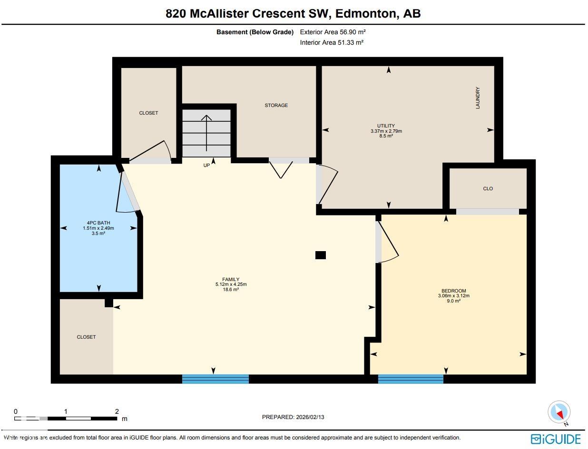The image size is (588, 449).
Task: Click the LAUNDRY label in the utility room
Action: tap(478, 98)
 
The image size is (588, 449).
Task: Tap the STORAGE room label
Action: tap(276, 105)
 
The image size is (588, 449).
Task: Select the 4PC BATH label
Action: tap(98, 223)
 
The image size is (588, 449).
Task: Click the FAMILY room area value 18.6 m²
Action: tap(231, 289)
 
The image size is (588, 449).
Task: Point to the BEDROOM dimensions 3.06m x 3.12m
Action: tap(453, 296)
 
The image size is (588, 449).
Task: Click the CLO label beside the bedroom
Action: tap(488, 188)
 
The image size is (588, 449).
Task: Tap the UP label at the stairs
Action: tap(206, 166)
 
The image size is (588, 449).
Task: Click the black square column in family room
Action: tap(321, 255)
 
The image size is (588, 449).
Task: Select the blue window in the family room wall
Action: tap(216, 379)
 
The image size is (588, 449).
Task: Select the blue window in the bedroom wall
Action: tap(411, 379)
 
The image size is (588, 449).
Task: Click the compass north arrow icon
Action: tap(559, 412)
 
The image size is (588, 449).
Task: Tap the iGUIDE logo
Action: tap(556, 439)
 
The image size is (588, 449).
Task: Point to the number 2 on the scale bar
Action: tap(117, 411)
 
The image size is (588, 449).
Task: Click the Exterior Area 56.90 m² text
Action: tap(333, 32)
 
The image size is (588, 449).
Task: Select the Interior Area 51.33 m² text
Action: tap(332, 42)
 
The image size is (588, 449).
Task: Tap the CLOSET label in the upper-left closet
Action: tap(148, 113)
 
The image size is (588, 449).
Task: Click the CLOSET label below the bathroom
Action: tap(86, 337)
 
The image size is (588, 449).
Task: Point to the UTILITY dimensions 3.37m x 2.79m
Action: tap(386, 131)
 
